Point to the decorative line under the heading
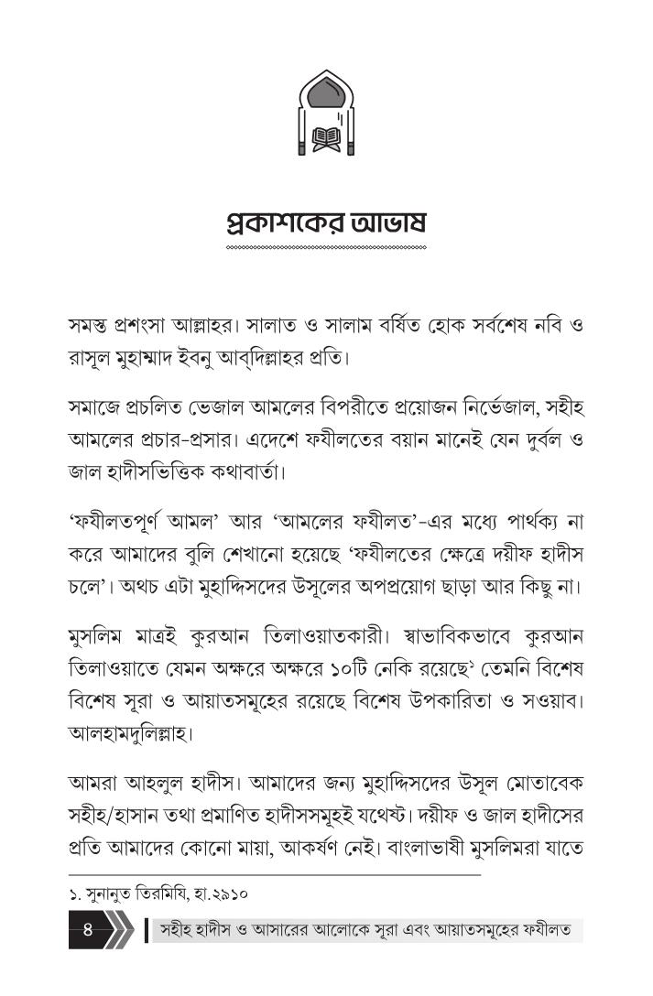pos(326,248)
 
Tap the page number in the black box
pos(89,932)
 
